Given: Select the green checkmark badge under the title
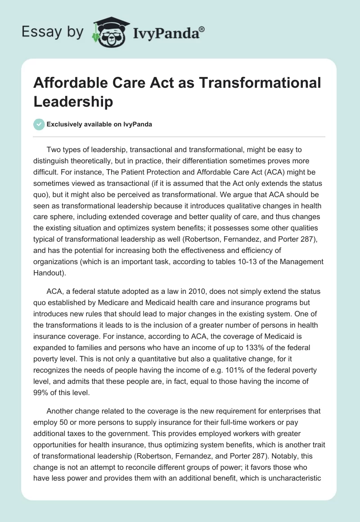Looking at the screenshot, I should tap(40, 124).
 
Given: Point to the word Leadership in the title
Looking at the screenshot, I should tap(73, 102).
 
